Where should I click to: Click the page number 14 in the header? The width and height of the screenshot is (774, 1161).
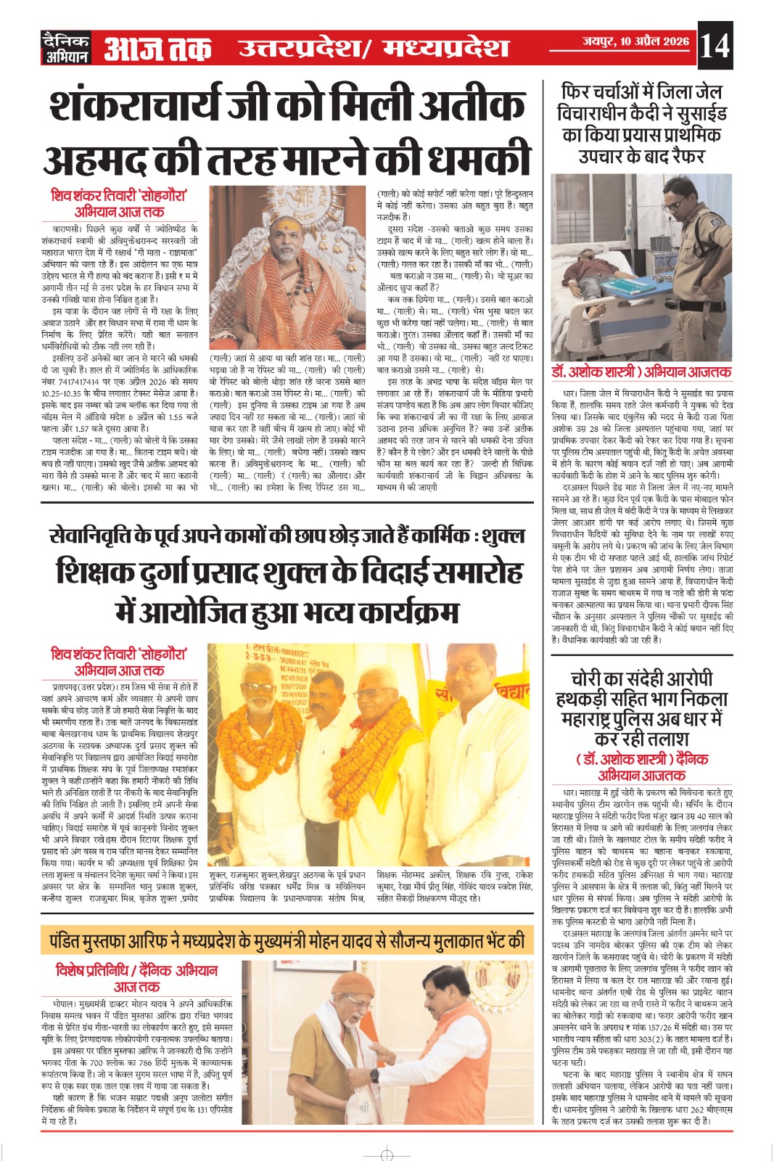click(x=715, y=46)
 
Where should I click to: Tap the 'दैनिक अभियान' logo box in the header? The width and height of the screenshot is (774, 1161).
click(x=65, y=48)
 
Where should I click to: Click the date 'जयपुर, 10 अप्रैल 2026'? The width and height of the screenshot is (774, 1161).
click(x=635, y=41)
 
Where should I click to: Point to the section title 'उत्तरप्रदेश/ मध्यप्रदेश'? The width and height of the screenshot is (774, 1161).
click(x=374, y=49)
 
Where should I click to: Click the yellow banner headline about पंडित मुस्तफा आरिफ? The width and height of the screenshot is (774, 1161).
click(x=287, y=941)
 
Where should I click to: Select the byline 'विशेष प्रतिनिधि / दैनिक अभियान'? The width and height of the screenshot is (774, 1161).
click(x=137, y=970)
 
